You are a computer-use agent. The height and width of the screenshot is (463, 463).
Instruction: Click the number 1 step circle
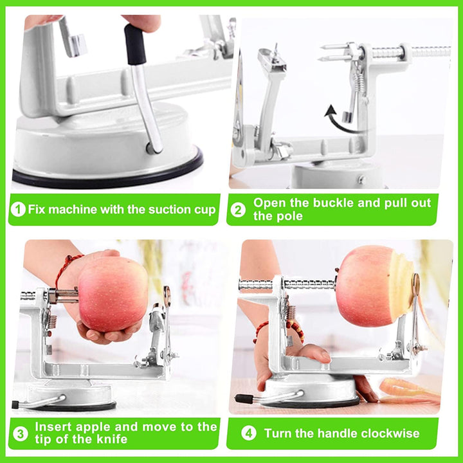click(x=18, y=210)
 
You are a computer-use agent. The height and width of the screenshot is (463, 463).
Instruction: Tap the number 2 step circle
click(x=238, y=210)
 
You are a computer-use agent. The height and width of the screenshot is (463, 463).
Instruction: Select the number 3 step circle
click(x=21, y=434)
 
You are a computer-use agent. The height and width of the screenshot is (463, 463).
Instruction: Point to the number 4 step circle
click(x=249, y=433)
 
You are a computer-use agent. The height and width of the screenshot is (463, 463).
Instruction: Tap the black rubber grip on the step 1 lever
click(x=136, y=44)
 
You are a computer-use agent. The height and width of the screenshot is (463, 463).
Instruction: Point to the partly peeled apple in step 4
click(x=375, y=286)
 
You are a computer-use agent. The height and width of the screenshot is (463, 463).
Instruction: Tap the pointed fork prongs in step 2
click(x=334, y=51)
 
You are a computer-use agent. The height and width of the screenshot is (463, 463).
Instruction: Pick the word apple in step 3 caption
click(x=93, y=427)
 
